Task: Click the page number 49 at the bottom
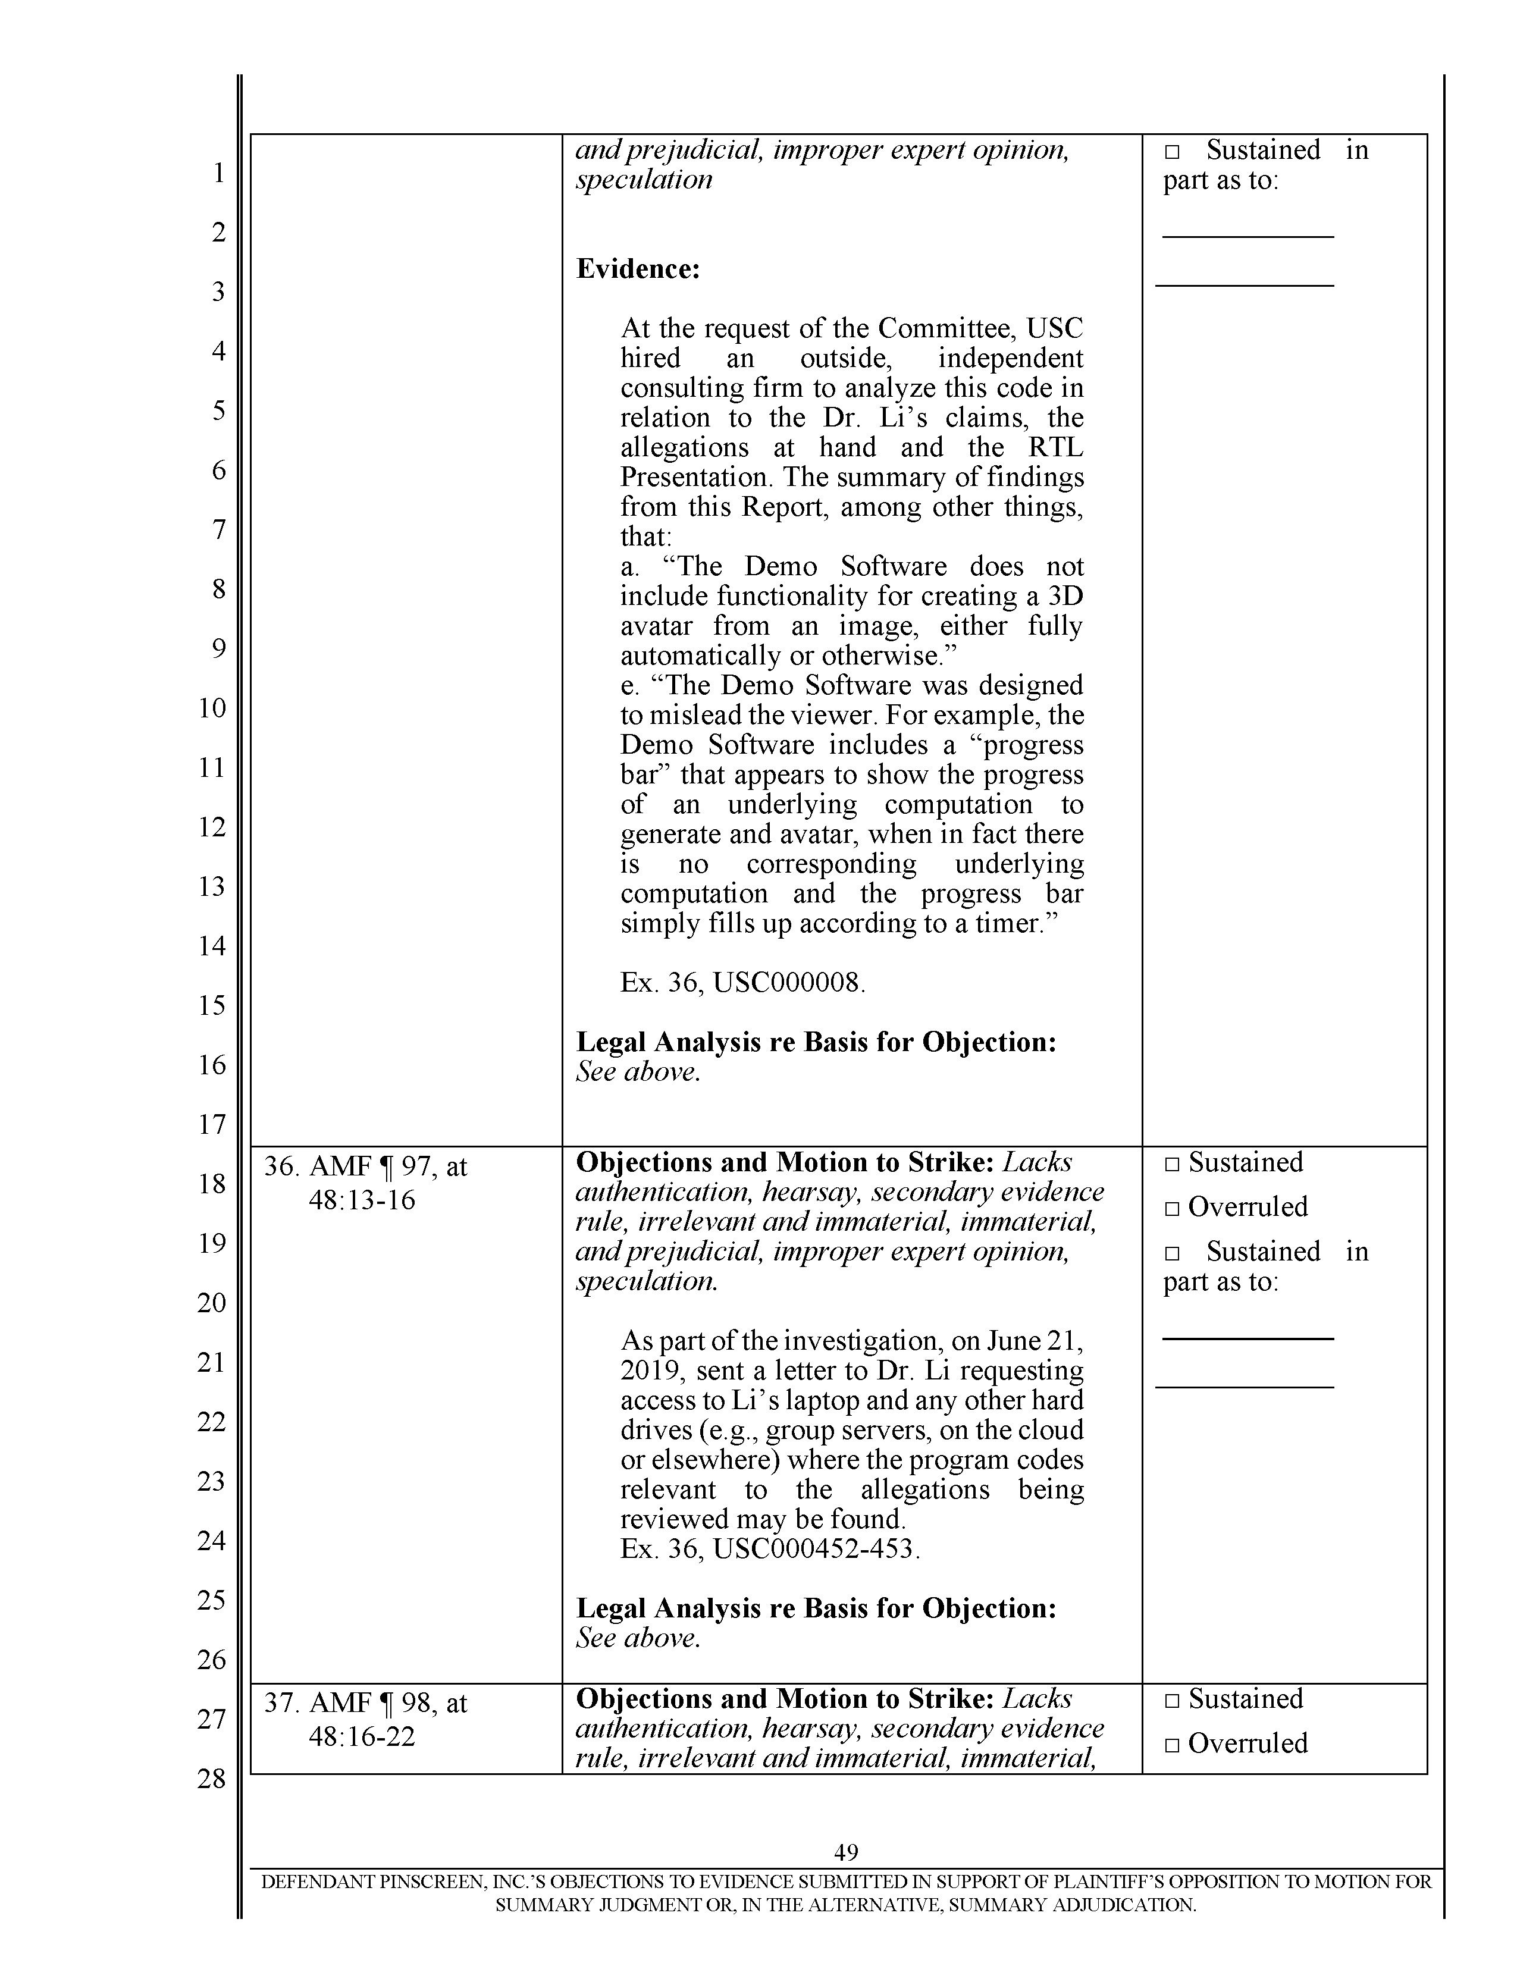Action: click(x=846, y=1852)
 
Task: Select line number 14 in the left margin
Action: click(x=212, y=946)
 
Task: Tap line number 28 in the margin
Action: click(x=212, y=1778)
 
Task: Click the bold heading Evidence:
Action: click(x=637, y=269)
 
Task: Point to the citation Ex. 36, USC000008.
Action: click(x=742, y=983)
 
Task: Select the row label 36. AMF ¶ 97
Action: click(x=365, y=1166)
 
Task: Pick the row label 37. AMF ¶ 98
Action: click(x=365, y=1703)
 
